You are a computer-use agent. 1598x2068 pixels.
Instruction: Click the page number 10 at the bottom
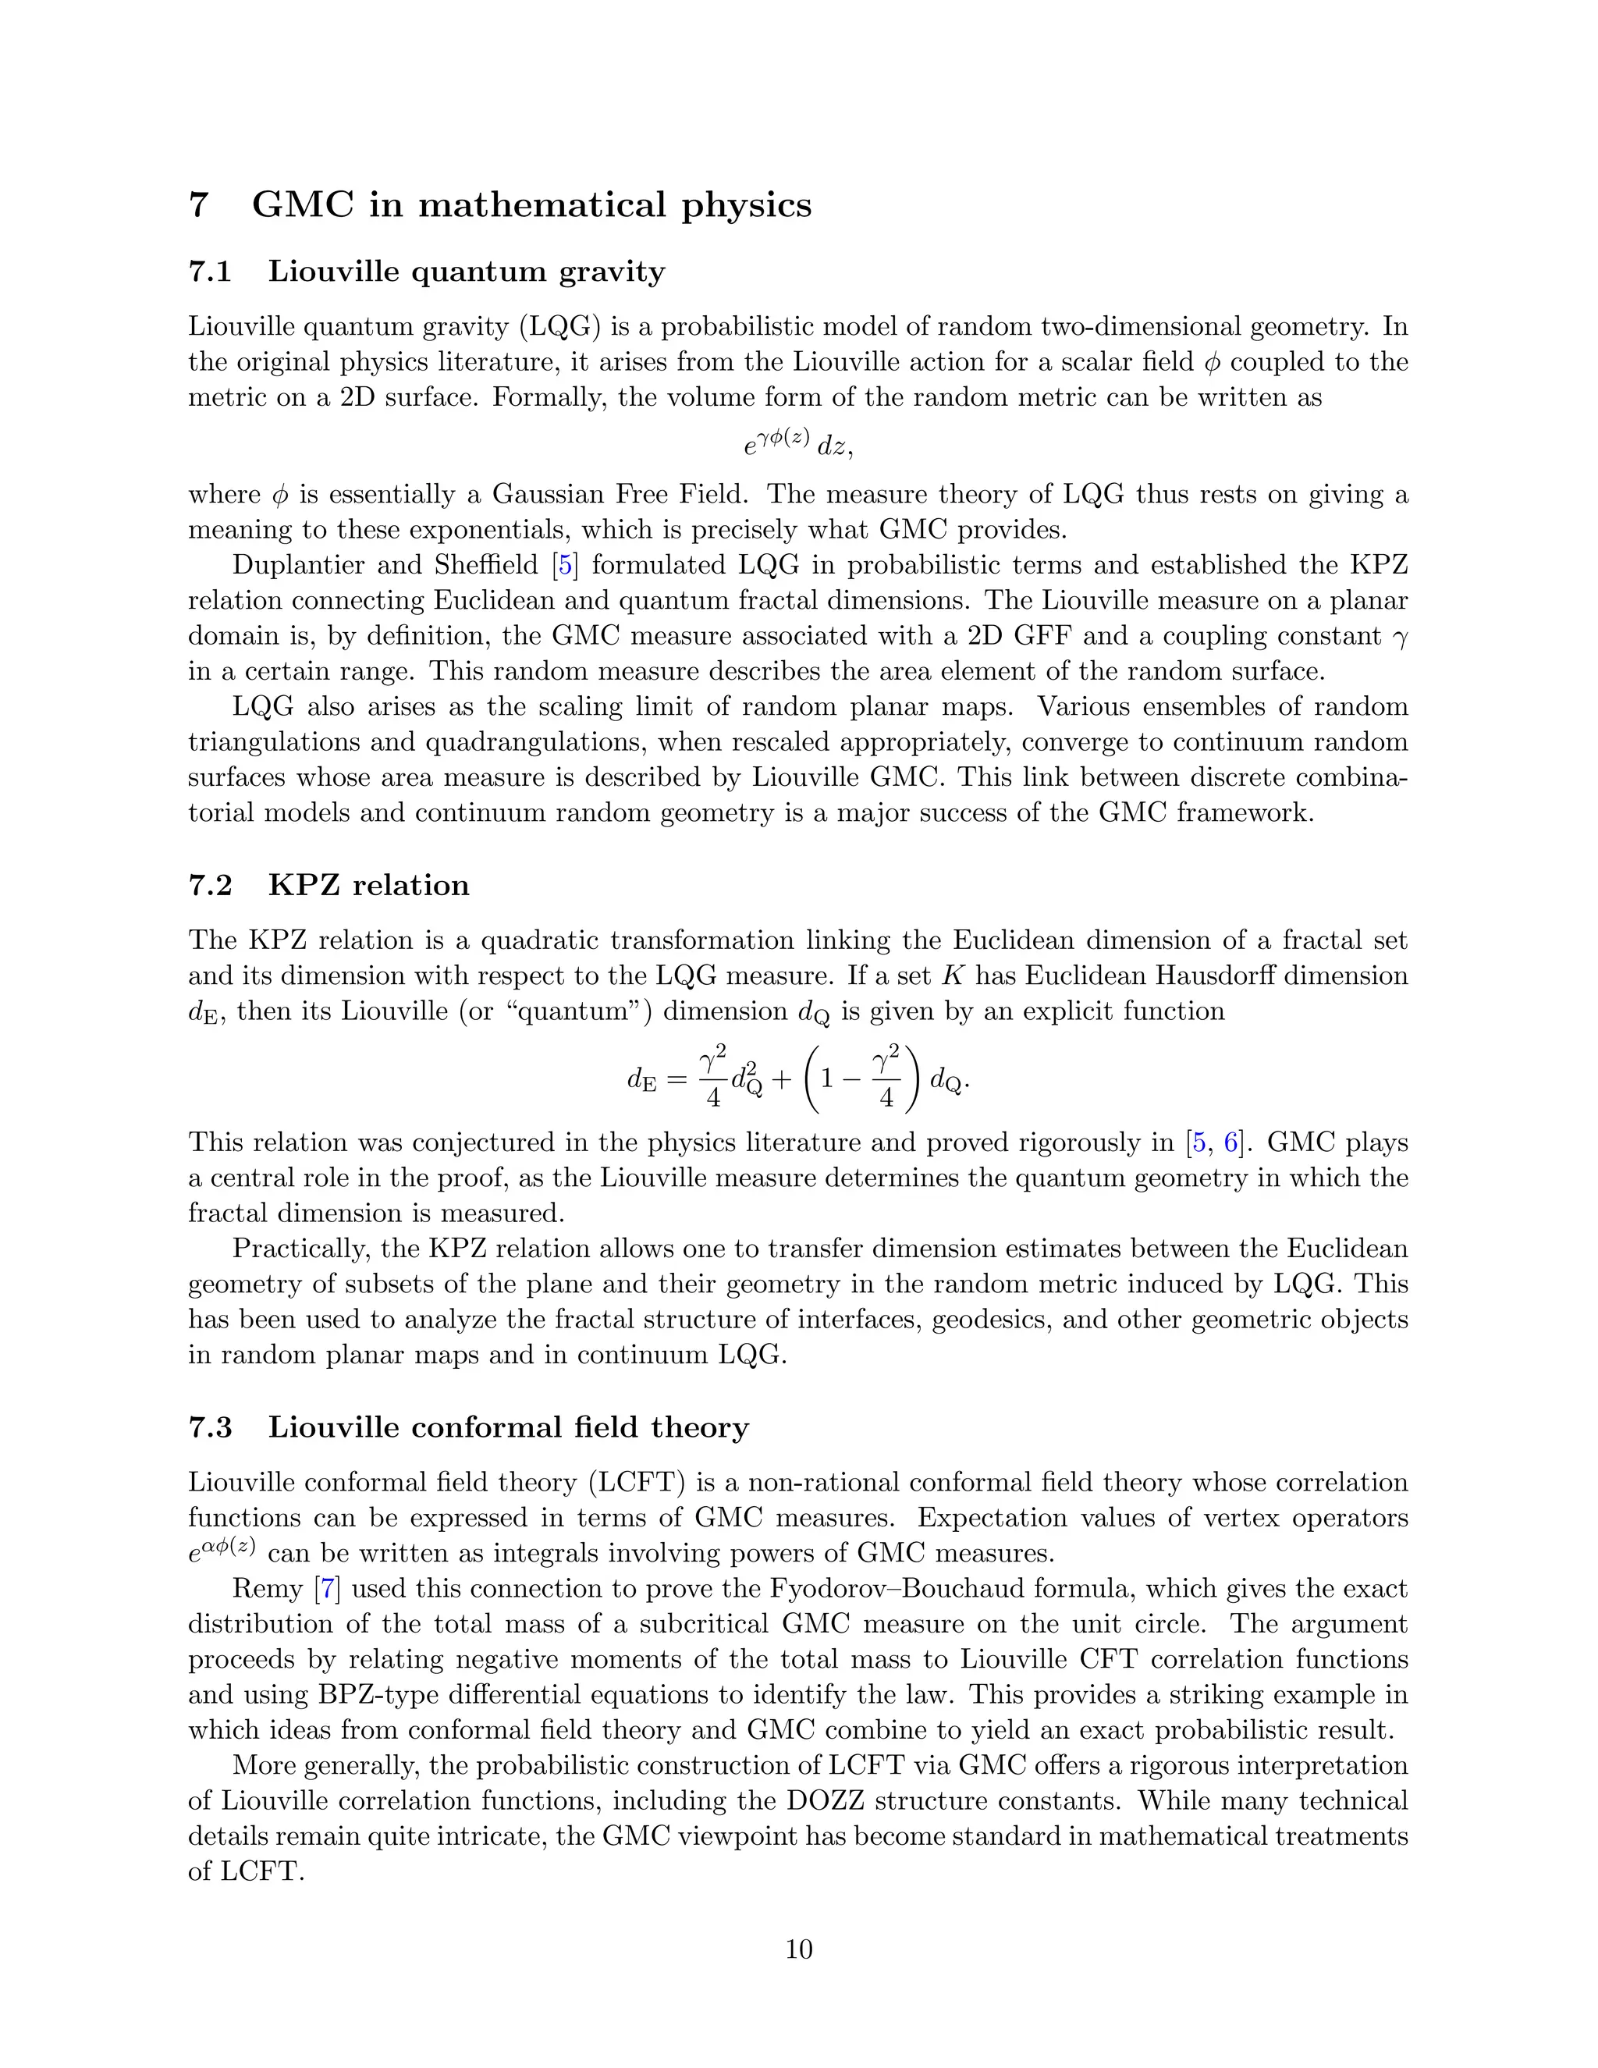tap(798, 1949)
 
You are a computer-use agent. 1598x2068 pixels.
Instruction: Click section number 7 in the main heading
tap(198, 205)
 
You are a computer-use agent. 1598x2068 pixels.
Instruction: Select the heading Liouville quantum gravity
tap(466, 272)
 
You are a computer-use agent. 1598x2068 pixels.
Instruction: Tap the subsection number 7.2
tap(210, 886)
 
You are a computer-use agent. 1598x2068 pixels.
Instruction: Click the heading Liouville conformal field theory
tap(507, 1427)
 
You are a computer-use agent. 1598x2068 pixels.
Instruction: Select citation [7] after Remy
tap(328, 1589)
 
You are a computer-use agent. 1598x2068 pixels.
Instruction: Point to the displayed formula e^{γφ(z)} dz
tap(798, 444)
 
